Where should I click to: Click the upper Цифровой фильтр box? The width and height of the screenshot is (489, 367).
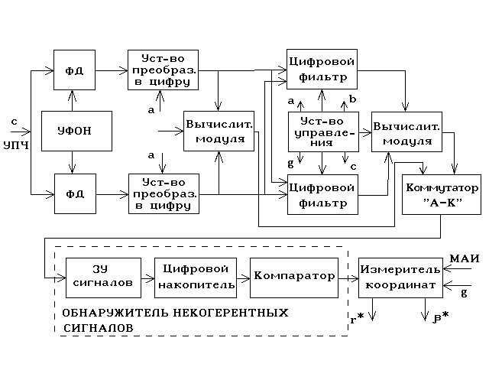[x=322, y=69]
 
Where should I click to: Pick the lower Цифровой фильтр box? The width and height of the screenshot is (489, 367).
[x=322, y=194]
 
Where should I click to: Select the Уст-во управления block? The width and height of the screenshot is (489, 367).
[x=322, y=131]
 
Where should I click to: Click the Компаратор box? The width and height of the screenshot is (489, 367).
[x=293, y=276]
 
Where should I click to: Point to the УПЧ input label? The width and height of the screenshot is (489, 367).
[x=16, y=145]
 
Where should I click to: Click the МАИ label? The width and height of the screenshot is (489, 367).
[x=465, y=258]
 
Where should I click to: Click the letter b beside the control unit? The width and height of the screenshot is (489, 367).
[x=353, y=99]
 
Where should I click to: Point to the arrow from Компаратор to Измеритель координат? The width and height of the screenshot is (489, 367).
[x=348, y=276]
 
